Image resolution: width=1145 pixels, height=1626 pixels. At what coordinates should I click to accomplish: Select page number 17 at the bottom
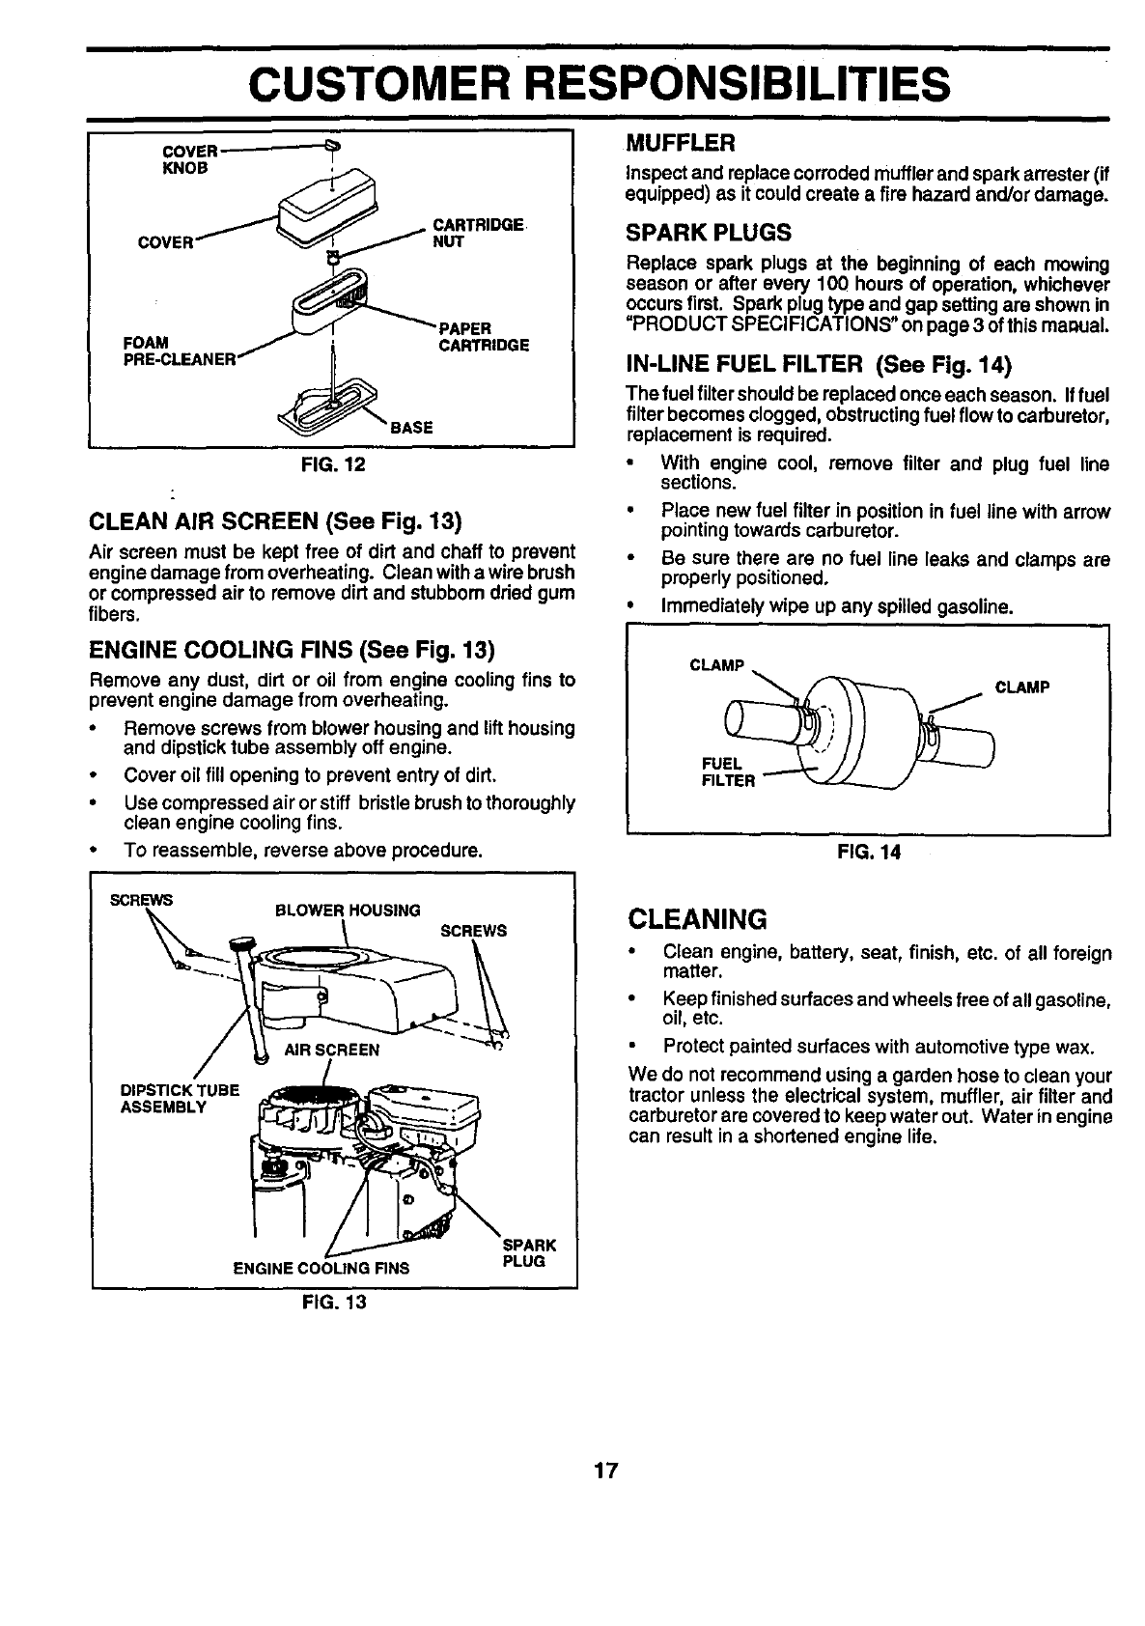pyautogui.click(x=605, y=1472)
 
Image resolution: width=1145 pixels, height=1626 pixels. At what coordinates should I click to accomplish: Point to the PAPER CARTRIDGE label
pyautogui.click(x=483, y=337)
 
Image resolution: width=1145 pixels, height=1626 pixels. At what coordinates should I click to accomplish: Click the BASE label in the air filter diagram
pyautogui.click(x=411, y=428)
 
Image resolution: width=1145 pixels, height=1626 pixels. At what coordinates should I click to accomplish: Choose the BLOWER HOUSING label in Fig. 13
pyautogui.click(x=348, y=911)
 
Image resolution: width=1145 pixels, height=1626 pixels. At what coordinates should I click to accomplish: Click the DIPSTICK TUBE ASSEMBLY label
pyautogui.click(x=179, y=1099)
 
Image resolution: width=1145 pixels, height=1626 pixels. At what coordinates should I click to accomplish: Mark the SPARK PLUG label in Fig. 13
pyautogui.click(x=528, y=1253)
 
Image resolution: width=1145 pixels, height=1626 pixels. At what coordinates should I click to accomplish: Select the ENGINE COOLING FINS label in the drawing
pyautogui.click(x=321, y=1268)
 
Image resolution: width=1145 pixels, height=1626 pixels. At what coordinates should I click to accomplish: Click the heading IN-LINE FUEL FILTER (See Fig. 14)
pyautogui.click(x=816, y=364)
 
